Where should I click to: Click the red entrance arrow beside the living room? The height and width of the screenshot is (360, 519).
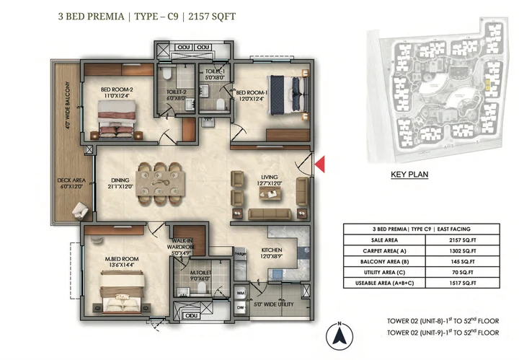[x=321, y=164]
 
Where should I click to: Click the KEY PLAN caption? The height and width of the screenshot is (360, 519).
[x=410, y=174]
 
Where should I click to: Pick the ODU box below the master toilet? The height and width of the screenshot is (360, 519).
[x=190, y=315]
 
